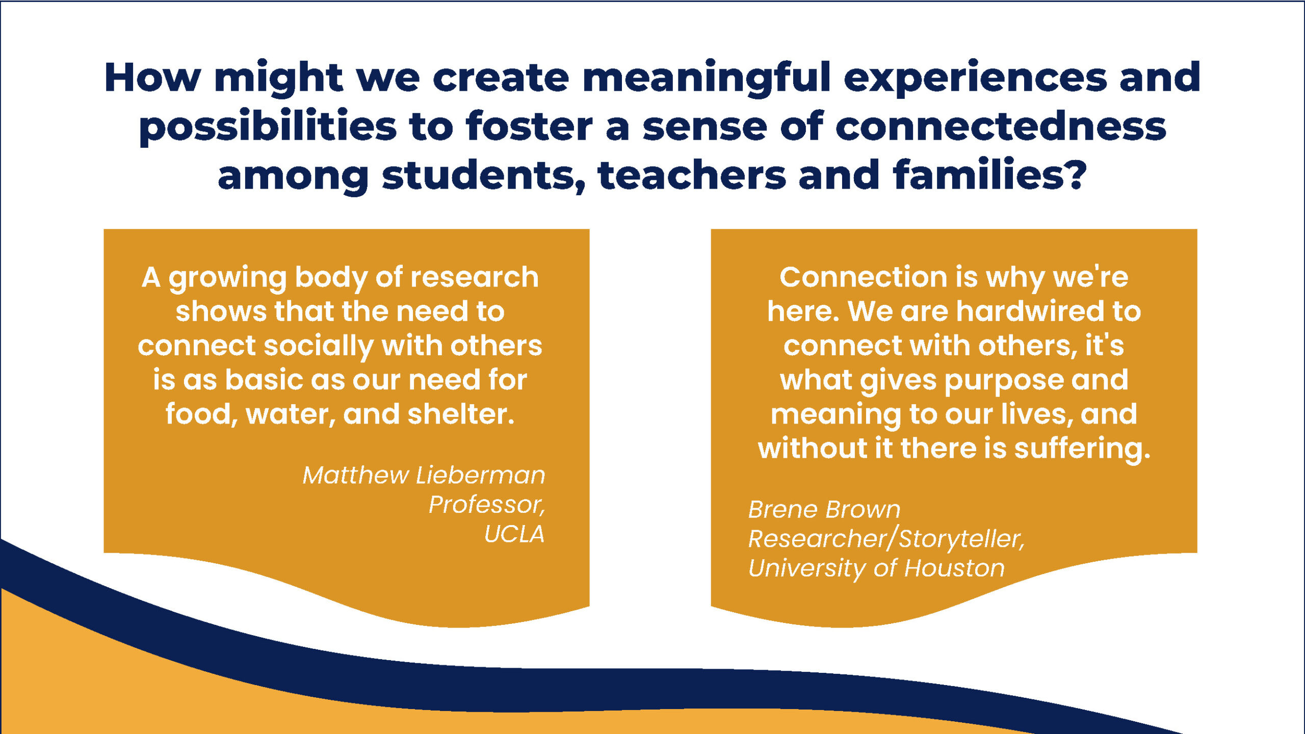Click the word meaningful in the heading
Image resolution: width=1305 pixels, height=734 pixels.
coord(707,78)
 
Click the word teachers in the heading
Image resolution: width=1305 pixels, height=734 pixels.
coord(692,174)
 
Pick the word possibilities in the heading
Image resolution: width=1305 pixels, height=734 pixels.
coord(268,127)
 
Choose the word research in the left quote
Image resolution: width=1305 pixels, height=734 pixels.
coord(474,277)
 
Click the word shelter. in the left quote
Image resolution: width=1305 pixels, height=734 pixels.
coord(461,413)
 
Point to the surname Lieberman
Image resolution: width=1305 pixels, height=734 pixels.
coord(480,475)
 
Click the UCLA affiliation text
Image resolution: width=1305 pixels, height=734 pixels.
coord(514,534)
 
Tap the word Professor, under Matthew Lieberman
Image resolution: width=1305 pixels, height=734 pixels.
coord(487,505)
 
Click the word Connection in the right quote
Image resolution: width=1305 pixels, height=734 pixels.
coord(863,277)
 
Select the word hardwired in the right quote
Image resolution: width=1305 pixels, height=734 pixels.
coord(1028,311)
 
